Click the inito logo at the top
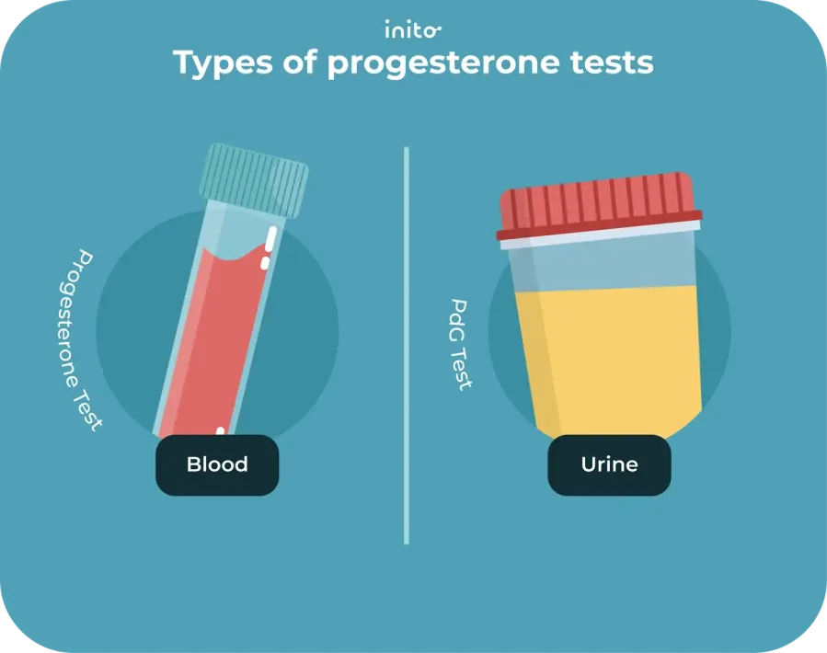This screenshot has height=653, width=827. [413, 29]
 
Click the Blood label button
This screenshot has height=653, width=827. [217, 464]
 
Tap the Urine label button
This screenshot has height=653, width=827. [609, 464]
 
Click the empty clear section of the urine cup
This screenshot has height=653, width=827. [607, 262]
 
